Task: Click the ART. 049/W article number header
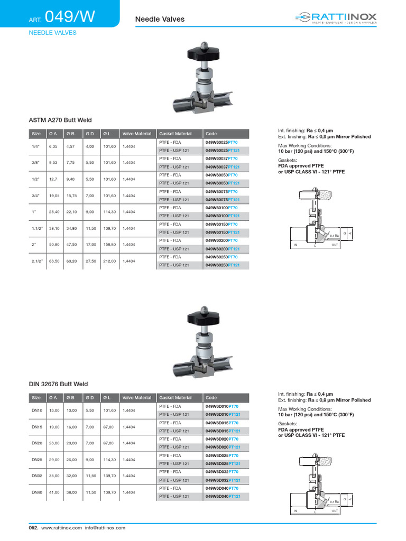[62, 18]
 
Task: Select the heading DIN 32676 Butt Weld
[59, 384]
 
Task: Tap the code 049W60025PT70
[222, 143]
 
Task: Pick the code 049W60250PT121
[223, 265]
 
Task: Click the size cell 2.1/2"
[37, 261]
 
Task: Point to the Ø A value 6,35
[53, 147]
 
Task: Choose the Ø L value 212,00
[109, 261]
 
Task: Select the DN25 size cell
[36, 460]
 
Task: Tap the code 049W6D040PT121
[223, 496]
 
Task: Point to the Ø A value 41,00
[54, 492]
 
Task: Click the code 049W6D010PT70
[222, 406]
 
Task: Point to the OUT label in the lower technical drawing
[335, 511]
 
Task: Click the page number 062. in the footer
[33, 528]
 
